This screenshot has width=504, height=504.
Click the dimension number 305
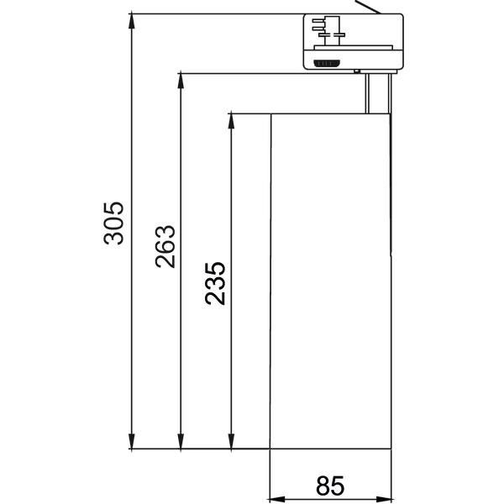(x=114, y=223)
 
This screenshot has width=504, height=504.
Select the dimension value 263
(x=165, y=245)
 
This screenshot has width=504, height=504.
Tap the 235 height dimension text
(x=215, y=283)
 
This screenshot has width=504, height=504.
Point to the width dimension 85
(x=330, y=486)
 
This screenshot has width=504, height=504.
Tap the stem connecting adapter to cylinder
(x=377, y=92)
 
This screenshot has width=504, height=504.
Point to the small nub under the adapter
(x=360, y=73)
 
